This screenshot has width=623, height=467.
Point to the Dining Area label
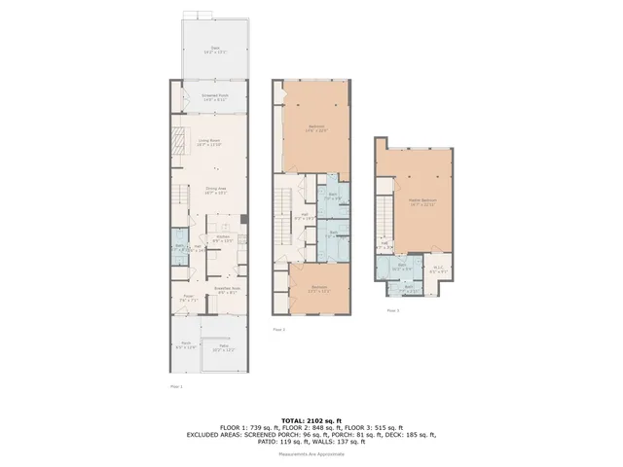pyautogui.click(x=215, y=191)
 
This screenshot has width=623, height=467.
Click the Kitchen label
pyautogui.click(x=223, y=238)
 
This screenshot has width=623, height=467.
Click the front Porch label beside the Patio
pyautogui.click(x=186, y=345)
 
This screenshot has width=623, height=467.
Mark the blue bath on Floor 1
pyautogui.click(x=179, y=247)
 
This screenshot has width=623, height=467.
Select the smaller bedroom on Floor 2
pyautogui.click(x=319, y=288)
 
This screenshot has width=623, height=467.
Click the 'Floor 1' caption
pyautogui.click(x=176, y=386)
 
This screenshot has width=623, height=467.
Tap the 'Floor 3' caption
pyautogui.click(x=392, y=310)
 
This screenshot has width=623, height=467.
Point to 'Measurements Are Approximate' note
pyautogui.click(x=311, y=453)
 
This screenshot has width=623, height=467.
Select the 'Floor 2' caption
pyautogui.click(x=278, y=330)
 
